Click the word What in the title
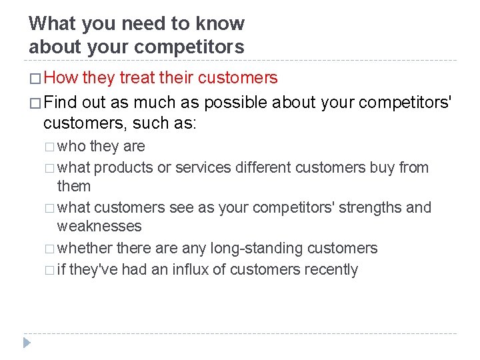(53, 24)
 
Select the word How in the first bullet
(64, 78)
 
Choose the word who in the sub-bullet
(71, 146)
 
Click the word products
(124, 167)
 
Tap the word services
(202, 167)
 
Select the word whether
(85, 249)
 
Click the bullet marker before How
(35, 79)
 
